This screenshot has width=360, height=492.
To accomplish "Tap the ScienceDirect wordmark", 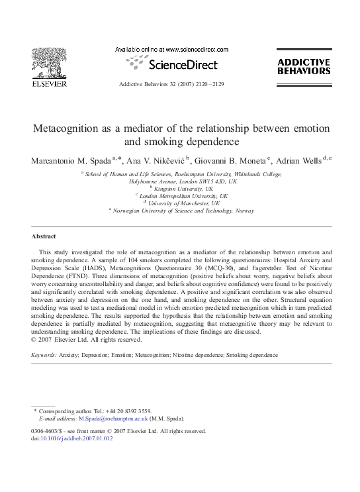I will coord(174,65).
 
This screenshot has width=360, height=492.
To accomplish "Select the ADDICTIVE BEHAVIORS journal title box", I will coord(303,66).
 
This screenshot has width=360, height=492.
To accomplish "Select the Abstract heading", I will coord(44,236).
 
